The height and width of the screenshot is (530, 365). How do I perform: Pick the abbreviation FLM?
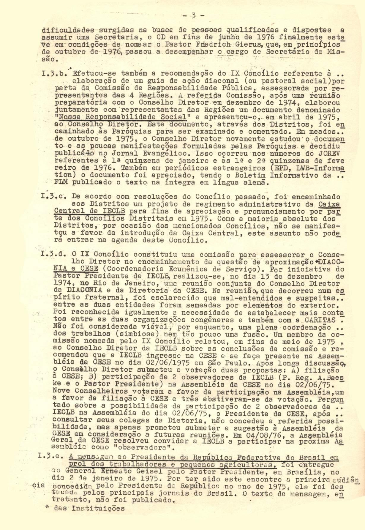click(61, 183)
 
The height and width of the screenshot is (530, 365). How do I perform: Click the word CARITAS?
click(320, 320)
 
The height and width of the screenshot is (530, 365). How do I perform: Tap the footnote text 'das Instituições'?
click(89, 508)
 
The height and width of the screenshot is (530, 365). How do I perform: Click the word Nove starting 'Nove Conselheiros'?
click(61, 392)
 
